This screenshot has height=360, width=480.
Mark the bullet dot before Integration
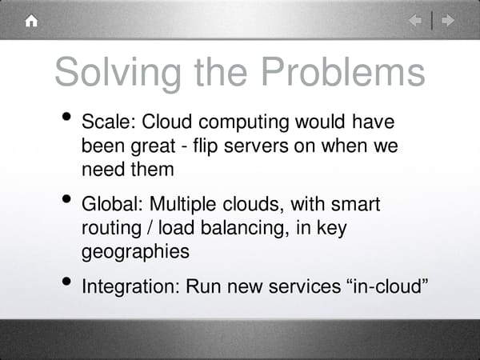click(x=70, y=282)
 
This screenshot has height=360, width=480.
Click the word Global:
click(x=113, y=206)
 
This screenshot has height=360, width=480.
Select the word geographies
click(x=135, y=252)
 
